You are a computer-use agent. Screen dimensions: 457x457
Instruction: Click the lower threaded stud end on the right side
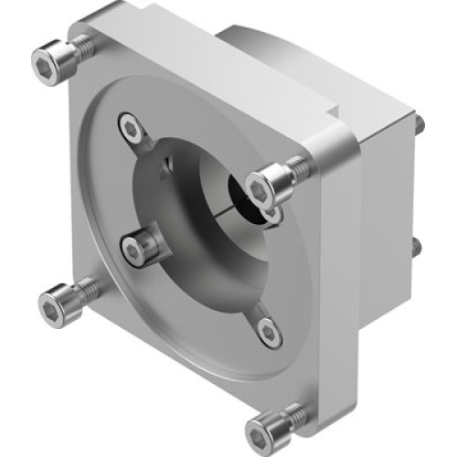(417, 247)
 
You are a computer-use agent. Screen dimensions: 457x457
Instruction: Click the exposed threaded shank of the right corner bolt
(294, 168)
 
